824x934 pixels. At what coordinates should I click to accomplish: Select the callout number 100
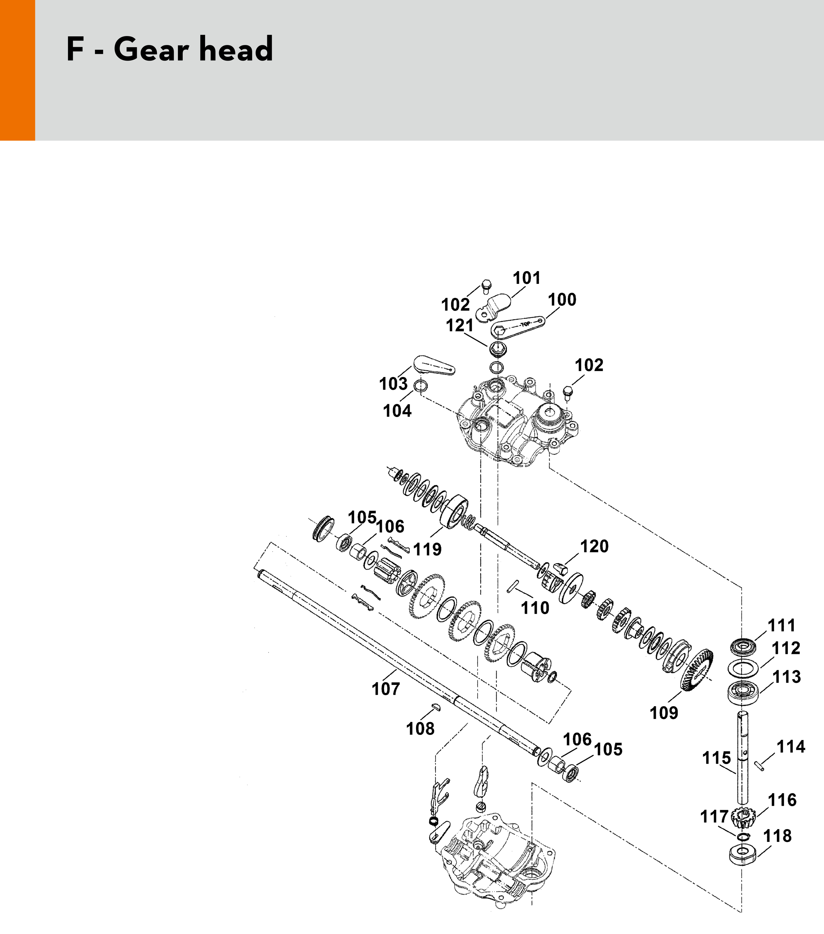click(562, 300)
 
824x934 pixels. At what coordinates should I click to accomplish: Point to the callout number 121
click(460, 326)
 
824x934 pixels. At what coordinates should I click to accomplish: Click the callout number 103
click(393, 384)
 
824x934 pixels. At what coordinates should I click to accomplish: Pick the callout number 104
click(397, 411)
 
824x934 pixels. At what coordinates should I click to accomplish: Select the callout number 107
click(386, 689)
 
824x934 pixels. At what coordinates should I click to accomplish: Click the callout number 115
click(716, 758)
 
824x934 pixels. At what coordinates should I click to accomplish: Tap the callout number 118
click(777, 836)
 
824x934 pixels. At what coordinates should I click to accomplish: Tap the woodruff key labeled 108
click(436, 707)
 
